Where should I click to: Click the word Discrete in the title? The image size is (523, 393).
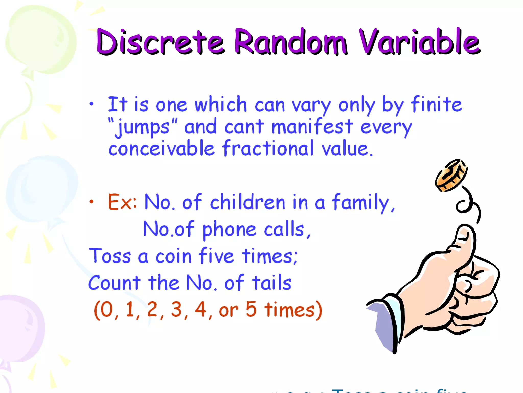(160, 42)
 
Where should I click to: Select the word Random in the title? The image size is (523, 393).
(291, 42)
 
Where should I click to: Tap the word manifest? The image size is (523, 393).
(312, 127)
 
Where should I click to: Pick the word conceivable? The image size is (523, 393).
(161, 148)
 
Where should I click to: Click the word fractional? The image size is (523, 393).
(268, 148)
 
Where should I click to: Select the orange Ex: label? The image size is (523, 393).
(122, 202)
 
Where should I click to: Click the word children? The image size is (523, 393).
(247, 202)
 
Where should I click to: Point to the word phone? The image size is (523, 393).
(229, 230)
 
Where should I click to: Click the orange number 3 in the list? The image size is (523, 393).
(176, 310)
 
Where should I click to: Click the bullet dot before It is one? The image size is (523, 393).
(92, 104)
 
